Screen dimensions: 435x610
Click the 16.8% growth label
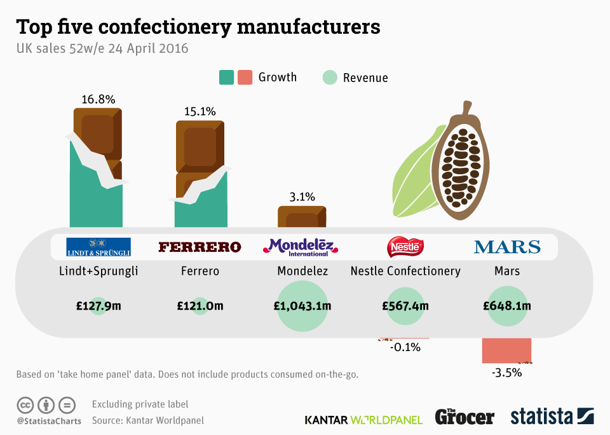(98, 99)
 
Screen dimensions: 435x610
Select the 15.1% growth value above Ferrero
(200, 111)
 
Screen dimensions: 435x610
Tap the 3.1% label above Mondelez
(302, 197)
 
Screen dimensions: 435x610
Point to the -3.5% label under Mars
(506, 373)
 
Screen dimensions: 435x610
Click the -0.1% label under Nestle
(405, 347)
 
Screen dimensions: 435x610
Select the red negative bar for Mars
(506, 350)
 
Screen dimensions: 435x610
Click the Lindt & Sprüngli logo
(98, 247)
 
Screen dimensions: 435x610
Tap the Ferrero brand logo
(200, 247)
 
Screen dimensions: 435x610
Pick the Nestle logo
(405, 247)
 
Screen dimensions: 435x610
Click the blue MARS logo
(507, 247)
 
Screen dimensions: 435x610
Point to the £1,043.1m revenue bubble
(302, 306)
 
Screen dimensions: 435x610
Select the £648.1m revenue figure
(507, 306)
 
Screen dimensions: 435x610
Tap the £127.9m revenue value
(98, 306)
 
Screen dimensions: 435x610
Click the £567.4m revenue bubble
(405, 306)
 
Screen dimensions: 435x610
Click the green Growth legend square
(226, 78)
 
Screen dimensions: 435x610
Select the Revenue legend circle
(330, 78)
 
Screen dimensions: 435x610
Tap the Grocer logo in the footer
(464, 417)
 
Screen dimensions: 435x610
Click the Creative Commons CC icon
(25, 404)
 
